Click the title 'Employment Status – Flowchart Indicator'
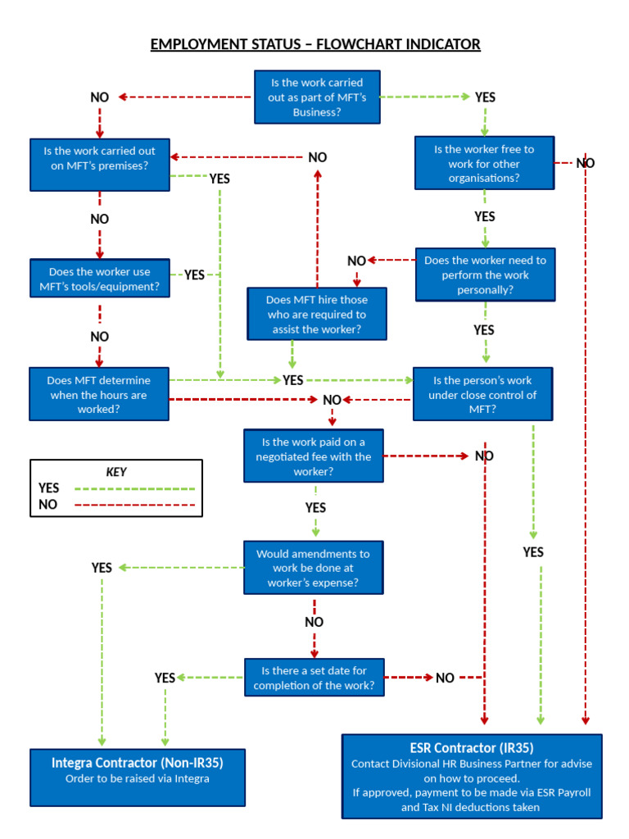coord(315,43)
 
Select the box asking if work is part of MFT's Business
coord(316,98)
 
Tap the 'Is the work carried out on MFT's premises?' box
coord(99,158)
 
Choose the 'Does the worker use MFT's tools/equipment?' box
coord(99,279)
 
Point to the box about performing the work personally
coord(485,274)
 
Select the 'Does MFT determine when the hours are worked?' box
coord(99,394)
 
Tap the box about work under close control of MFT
coord(482,394)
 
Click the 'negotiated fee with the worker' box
coord(314,456)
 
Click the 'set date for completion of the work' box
coord(314,678)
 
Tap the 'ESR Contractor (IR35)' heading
coord(471,748)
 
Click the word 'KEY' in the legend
coord(116,472)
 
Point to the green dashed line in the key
coord(135,488)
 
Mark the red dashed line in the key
coord(135,505)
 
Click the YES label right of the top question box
coord(485,98)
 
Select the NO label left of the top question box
coord(99,98)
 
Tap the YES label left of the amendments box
coord(102,568)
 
